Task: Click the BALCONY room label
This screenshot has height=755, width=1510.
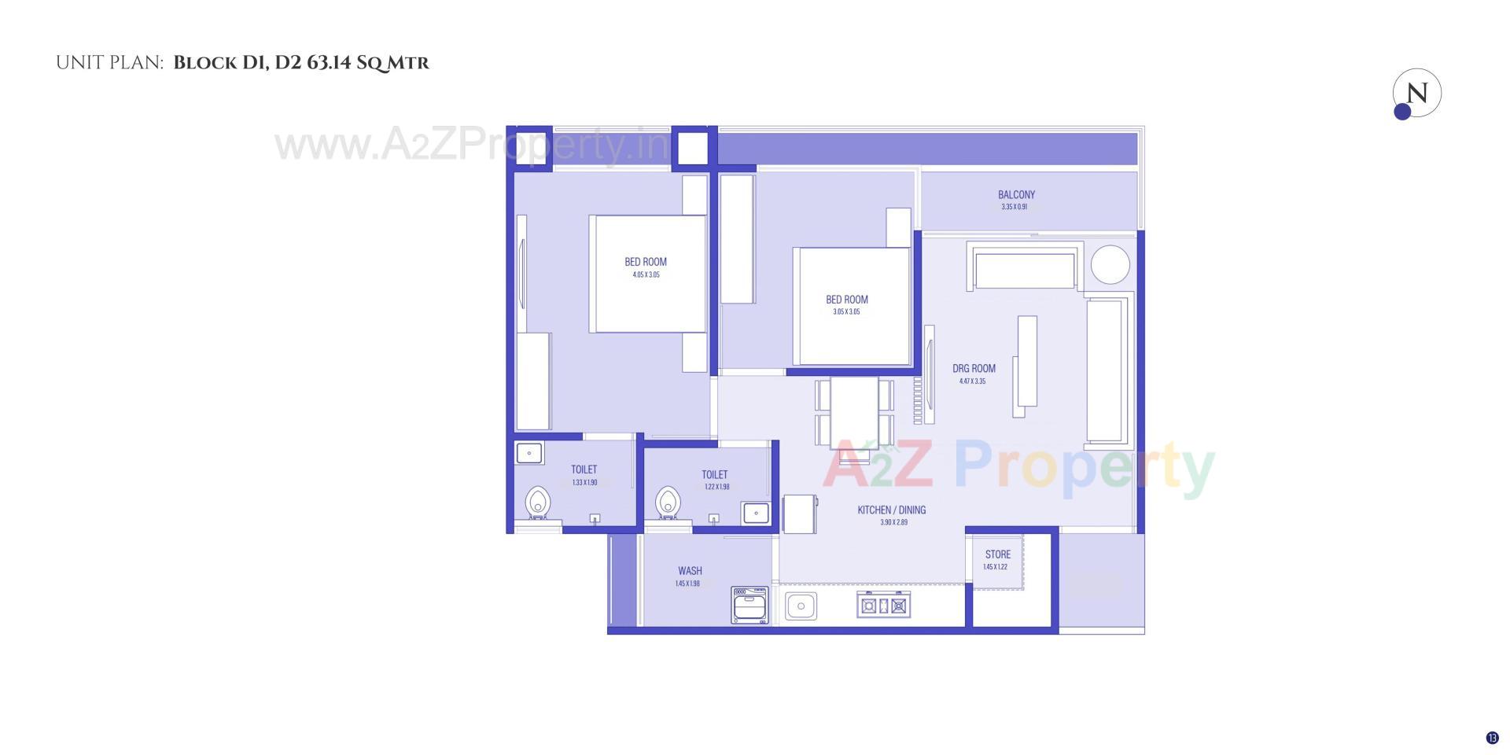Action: coord(1016,195)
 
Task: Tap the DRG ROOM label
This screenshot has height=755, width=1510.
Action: coord(974,368)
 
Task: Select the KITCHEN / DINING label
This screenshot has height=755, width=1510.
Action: coord(891,510)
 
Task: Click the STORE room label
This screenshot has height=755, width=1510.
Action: coord(997,554)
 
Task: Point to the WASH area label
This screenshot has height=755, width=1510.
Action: coord(690,571)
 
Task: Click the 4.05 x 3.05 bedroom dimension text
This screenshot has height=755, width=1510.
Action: coord(646,275)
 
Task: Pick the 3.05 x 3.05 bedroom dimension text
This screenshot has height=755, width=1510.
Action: coord(846,312)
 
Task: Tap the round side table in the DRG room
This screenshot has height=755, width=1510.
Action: coord(1110,264)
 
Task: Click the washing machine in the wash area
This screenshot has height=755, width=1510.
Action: coord(749,605)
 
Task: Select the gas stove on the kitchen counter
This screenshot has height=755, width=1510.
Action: coord(883,606)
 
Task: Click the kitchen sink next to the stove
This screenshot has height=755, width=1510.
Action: coord(801,606)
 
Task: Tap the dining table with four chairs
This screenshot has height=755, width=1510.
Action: coord(854,412)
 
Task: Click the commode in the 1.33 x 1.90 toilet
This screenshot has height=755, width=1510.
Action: coord(538,502)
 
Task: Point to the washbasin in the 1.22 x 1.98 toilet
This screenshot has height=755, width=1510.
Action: coord(755,513)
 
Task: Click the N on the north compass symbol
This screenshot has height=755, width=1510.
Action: coord(1417,94)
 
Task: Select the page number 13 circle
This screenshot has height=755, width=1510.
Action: coord(1492,738)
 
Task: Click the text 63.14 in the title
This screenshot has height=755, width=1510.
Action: coord(329,63)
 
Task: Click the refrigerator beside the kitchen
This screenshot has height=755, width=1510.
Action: coord(800,514)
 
